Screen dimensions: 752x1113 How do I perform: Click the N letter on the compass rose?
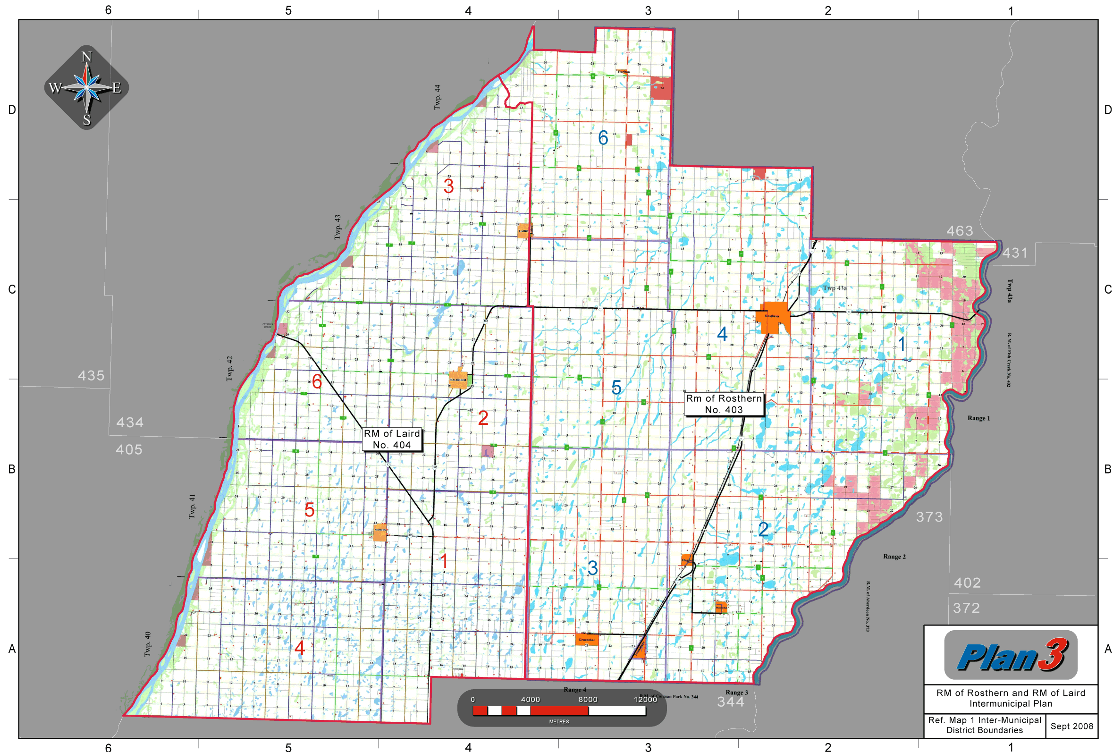[x=86, y=57]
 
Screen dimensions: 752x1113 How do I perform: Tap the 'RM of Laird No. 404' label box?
[x=392, y=439]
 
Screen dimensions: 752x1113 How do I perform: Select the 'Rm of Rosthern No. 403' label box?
[x=724, y=404]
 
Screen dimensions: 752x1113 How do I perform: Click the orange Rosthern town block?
[x=773, y=317]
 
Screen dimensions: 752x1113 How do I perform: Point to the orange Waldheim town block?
[x=458, y=380]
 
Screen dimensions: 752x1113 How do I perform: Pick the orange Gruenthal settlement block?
[x=586, y=640]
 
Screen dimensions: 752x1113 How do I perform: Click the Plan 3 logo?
[x=1011, y=655]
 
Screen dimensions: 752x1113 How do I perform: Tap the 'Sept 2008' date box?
[x=1072, y=726]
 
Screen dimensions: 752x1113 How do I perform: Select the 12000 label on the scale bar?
[x=645, y=699]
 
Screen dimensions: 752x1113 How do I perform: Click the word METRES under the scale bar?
[x=559, y=721]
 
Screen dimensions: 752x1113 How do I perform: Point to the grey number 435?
[x=91, y=375]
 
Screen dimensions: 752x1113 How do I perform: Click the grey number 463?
[x=960, y=231]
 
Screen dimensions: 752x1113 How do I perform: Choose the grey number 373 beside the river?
[x=929, y=517]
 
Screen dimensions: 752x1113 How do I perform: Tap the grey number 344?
[x=730, y=701]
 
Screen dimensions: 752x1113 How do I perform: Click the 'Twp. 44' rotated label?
[x=437, y=97]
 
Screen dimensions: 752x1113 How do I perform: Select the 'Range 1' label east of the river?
[x=978, y=418]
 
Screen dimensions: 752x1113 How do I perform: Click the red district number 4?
[x=300, y=648]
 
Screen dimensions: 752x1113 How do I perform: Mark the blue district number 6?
[x=603, y=138]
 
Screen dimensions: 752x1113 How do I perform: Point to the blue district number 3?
[x=592, y=568]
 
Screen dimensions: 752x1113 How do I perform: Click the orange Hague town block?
[x=687, y=559]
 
